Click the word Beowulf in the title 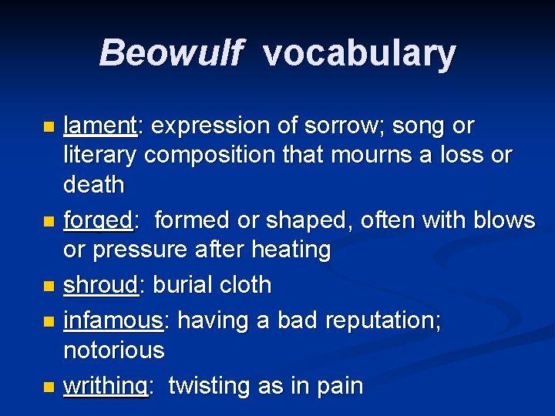click(x=171, y=53)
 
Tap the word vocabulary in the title click(x=358, y=53)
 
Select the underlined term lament click(x=99, y=125)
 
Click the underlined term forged click(x=98, y=221)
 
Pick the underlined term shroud click(x=100, y=285)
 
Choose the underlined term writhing click(x=105, y=385)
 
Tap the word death click(x=93, y=185)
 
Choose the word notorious click(x=113, y=351)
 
